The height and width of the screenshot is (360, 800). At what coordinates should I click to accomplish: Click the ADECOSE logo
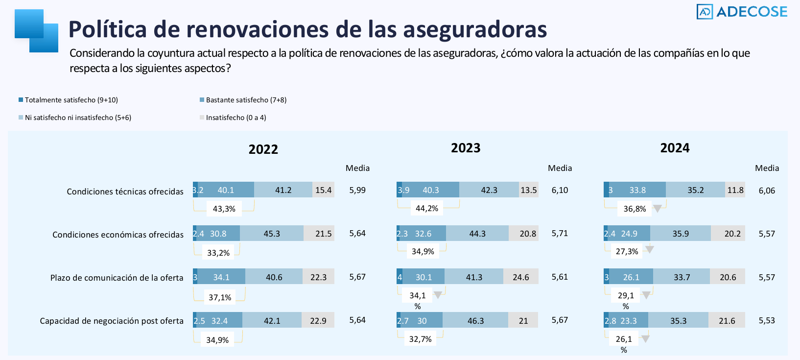click(742, 12)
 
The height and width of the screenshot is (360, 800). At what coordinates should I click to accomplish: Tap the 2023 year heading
click(466, 148)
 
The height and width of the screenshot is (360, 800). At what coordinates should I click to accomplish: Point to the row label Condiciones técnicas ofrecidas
click(125, 192)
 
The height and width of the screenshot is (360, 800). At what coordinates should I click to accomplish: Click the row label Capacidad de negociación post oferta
click(112, 321)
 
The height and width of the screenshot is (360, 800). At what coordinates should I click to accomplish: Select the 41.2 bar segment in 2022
click(283, 190)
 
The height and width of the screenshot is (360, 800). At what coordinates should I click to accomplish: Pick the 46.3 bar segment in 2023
click(475, 321)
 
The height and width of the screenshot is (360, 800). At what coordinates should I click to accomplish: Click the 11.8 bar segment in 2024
click(735, 190)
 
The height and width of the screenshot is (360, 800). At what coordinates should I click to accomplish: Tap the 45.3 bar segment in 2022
click(272, 234)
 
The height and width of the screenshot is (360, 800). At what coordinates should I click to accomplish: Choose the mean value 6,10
click(560, 190)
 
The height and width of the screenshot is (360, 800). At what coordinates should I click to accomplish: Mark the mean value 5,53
click(767, 320)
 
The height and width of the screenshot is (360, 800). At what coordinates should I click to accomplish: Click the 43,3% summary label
click(224, 209)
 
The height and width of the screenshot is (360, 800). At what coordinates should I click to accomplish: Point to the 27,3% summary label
click(627, 251)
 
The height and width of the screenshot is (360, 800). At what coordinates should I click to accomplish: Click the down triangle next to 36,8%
click(658, 209)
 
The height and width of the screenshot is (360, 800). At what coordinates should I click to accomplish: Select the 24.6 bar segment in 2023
click(521, 277)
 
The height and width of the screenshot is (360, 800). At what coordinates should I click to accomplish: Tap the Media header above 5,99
click(357, 168)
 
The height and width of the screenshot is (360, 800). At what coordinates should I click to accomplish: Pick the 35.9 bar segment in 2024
click(681, 234)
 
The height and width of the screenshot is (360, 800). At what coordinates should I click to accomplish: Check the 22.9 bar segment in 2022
click(318, 321)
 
